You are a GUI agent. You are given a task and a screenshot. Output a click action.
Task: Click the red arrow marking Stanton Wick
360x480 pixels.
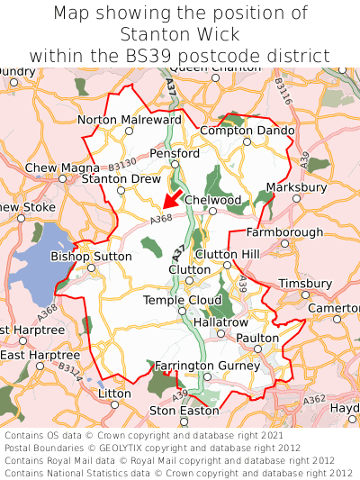coord(171,201)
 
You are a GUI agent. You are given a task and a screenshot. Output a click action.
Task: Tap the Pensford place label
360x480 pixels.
coord(174,154)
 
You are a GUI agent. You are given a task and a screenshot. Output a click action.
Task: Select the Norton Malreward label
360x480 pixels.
coord(130,120)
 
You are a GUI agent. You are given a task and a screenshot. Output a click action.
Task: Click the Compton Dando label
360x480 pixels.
coord(247,131)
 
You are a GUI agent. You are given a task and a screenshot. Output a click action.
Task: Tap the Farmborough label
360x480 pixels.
coord(284,232)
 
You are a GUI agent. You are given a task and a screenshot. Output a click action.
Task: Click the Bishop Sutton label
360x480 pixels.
coord(91,257)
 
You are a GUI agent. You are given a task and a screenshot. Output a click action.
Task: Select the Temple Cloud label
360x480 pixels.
coord(182,300)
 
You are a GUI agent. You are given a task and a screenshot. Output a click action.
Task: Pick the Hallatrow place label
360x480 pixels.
coord(220,322)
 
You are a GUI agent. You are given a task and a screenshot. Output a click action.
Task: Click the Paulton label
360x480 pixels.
coord(257,338)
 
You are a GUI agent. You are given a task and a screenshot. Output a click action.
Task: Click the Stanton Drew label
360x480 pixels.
coord(121,179)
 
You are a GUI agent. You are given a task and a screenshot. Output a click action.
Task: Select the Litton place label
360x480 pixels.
coord(114,394)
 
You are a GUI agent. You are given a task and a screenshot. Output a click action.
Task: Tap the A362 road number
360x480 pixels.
coord(315,399)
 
